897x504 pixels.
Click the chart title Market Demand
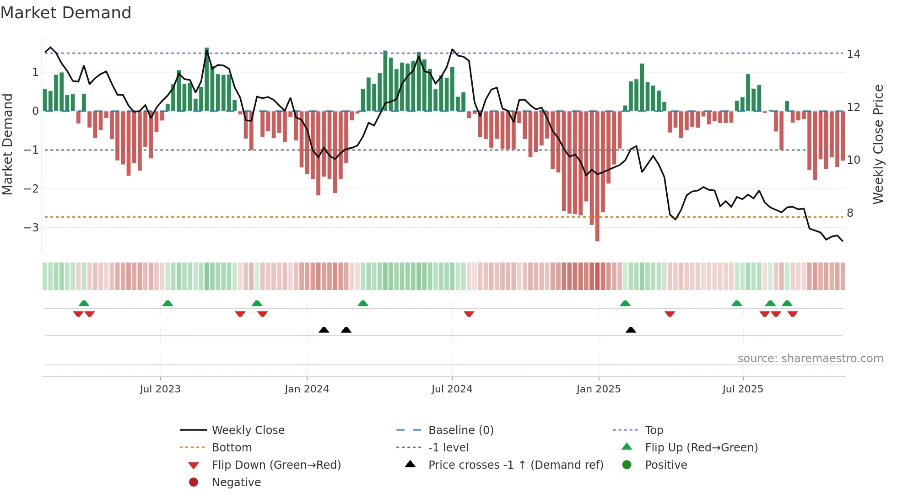pos(66,13)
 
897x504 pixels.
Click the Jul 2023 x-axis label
pos(160,389)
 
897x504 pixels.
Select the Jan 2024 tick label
pos(307,389)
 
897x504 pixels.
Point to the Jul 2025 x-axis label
pos(743,389)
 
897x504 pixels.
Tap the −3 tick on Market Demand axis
pos(31,228)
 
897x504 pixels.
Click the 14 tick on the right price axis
pos(853,54)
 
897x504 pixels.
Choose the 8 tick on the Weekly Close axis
pos(850,213)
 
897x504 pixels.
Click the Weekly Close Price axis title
pos(878,144)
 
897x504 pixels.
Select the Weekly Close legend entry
pos(248,430)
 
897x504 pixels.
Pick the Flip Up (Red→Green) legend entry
pos(701,448)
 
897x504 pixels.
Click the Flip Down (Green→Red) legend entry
pos(276,465)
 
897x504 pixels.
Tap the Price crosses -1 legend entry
pos(515,465)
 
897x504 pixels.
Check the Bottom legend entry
pos(232,448)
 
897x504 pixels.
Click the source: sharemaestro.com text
pos(810,359)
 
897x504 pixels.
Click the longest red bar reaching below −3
pos(597,183)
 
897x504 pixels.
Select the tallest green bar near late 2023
pos(207,80)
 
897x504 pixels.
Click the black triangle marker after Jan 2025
pos(631,330)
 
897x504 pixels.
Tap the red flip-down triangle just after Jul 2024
pos(469,314)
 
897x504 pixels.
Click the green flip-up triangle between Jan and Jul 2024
pos(363,303)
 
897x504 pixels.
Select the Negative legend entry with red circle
pos(236,483)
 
